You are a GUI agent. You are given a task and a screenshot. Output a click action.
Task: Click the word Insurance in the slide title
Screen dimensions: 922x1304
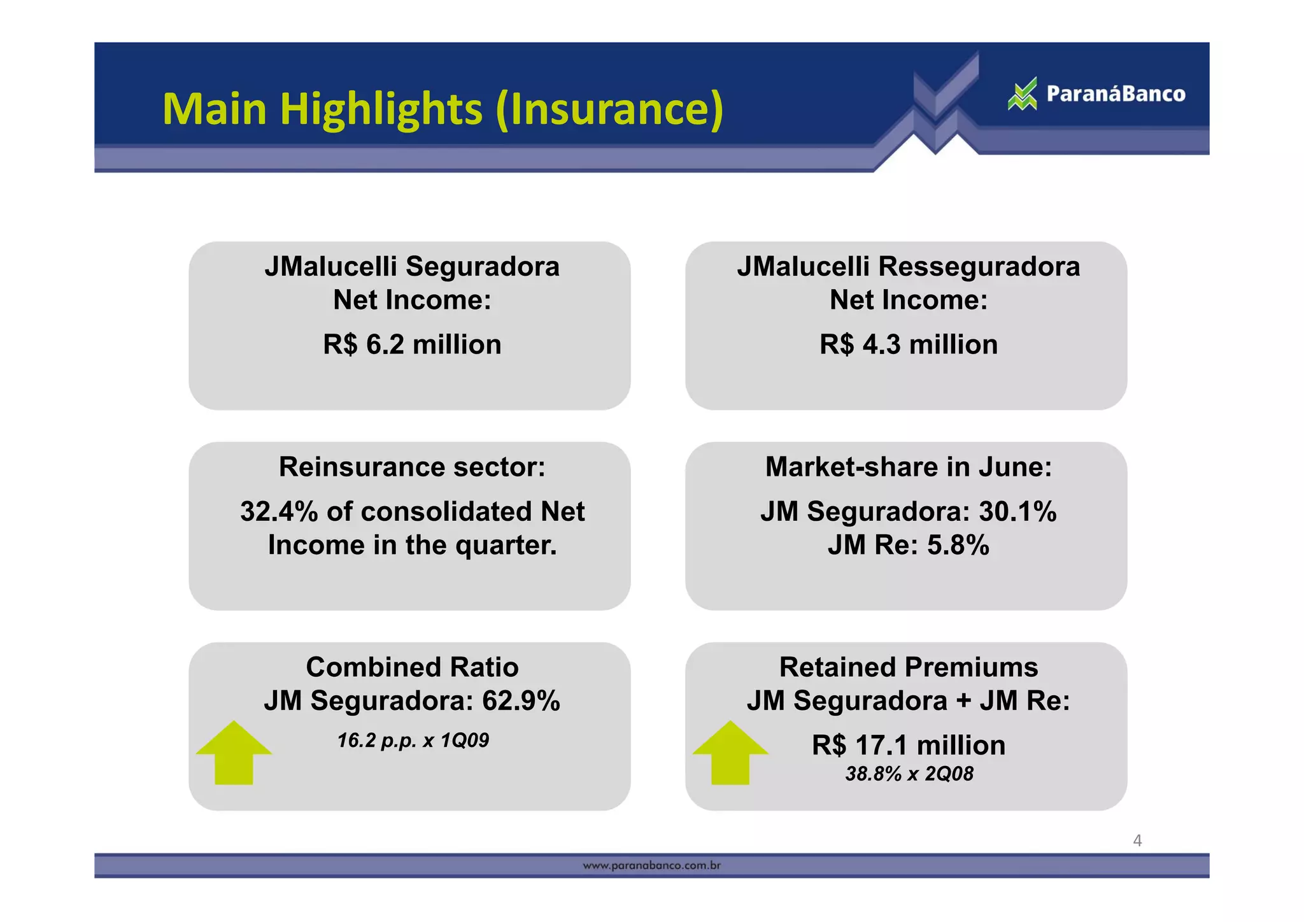click(x=608, y=109)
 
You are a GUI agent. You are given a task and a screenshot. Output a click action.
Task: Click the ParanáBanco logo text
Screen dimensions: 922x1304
click(x=1116, y=94)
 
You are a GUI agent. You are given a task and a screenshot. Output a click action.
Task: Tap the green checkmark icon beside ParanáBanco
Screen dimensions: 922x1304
click(x=1023, y=94)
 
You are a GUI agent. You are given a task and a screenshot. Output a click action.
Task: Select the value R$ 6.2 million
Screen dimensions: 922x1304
click(x=412, y=344)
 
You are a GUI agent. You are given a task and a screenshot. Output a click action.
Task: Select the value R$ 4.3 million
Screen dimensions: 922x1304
click(x=908, y=344)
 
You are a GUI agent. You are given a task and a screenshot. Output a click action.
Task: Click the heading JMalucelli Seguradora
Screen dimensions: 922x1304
click(x=412, y=266)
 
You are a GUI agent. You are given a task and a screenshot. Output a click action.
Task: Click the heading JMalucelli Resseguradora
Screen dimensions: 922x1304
click(x=908, y=266)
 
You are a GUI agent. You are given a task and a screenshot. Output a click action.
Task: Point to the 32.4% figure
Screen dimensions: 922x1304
click(x=278, y=511)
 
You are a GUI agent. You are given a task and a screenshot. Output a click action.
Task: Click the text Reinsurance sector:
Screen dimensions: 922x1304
click(x=412, y=467)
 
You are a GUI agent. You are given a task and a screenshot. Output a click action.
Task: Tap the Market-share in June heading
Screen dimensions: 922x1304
click(x=908, y=467)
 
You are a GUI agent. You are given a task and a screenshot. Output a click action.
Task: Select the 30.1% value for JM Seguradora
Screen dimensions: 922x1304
click(x=1017, y=511)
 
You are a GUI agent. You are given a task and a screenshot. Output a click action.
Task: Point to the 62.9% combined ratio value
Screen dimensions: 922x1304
click(x=521, y=701)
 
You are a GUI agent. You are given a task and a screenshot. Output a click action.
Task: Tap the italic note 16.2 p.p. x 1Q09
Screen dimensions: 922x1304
click(x=413, y=741)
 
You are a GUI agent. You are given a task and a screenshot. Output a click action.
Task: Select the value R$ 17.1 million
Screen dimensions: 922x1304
click(x=908, y=745)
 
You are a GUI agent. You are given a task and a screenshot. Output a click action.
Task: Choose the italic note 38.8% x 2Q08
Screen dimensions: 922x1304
click(x=909, y=774)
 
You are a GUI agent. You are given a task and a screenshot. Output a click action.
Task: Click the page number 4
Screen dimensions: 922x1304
click(x=1137, y=840)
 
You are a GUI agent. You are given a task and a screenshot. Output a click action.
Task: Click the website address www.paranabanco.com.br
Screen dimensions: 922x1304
click(x=651, y=866)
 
